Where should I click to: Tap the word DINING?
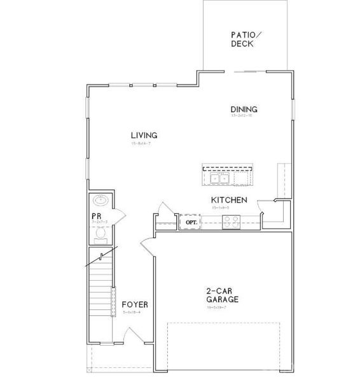[x=244, y=110]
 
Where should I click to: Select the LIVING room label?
[x=144, y=136]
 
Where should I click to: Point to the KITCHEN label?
[x=229, y=200]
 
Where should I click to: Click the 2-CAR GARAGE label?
[x=222, y=295]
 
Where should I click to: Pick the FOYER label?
[x=135, y=305]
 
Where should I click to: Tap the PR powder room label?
[x=97, y=217]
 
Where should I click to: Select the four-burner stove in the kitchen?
[x=230, y=222]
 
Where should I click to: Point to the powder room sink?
[x=100, y=201]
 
